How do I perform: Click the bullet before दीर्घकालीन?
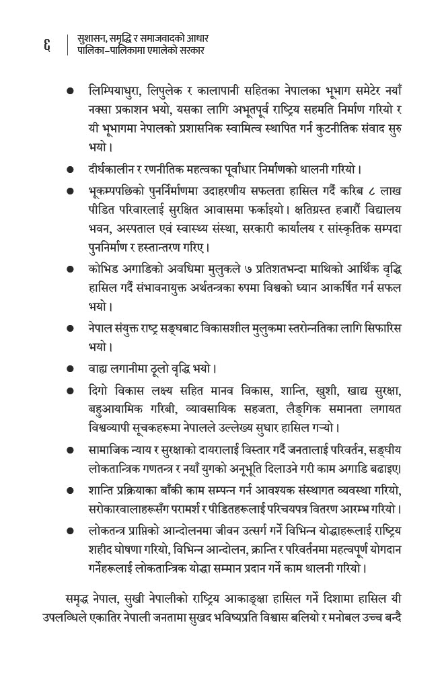70,170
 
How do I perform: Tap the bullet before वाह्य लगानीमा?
70,369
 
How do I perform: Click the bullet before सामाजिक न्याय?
70,450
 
